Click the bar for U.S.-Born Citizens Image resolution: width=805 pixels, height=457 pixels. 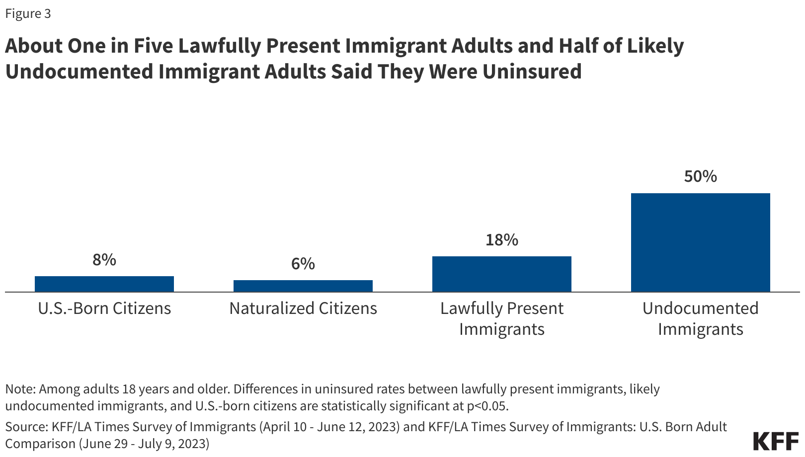[104, 284]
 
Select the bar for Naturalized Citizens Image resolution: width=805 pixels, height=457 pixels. [303, 286]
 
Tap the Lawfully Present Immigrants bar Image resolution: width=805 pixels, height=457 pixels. [502, 274]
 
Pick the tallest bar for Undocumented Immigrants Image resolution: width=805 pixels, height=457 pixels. [701, 242]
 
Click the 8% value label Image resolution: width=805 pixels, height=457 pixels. [104, 260]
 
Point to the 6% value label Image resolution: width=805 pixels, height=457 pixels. [303, 264]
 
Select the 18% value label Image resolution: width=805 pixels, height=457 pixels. [502, 240]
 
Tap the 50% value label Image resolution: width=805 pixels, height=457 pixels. [701, 177]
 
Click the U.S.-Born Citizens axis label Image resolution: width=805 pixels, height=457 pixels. [104, 308]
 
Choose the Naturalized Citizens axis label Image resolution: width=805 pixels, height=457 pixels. [303, 308]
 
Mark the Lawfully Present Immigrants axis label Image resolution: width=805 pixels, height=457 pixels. [502, 318]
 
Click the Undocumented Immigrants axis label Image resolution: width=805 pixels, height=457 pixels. [701, 318]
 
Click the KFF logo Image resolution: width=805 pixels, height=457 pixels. [776, 441]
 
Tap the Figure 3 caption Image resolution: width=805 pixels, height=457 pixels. [28, 14]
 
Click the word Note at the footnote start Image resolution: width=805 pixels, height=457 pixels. [19, 389]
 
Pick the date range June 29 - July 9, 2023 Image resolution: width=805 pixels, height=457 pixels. [144, 444]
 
